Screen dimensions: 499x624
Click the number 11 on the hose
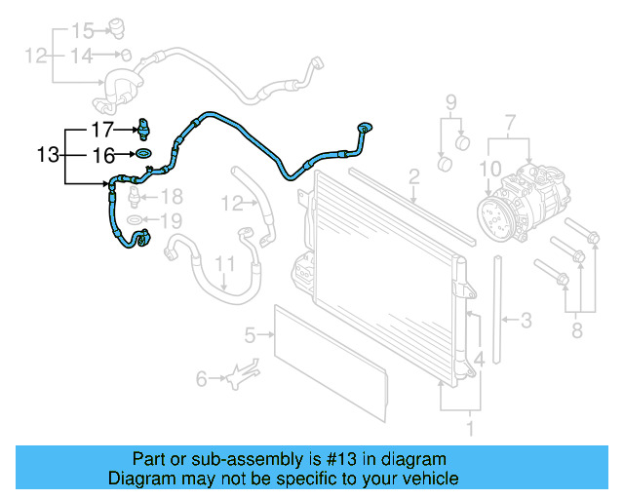coord(225,264)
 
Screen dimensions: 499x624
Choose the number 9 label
coord(451,101)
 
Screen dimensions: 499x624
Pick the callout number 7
coord(508,123)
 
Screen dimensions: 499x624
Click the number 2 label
coord(413,176)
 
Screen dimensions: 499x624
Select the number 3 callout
coord(526,319)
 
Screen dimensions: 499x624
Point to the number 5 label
coord(250,335)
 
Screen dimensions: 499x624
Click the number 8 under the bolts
coord(576,332)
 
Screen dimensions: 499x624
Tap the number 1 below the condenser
coord(472,427)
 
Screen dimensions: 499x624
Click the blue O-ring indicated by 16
coord(143,154)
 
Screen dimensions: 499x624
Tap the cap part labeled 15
coord(118,26)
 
